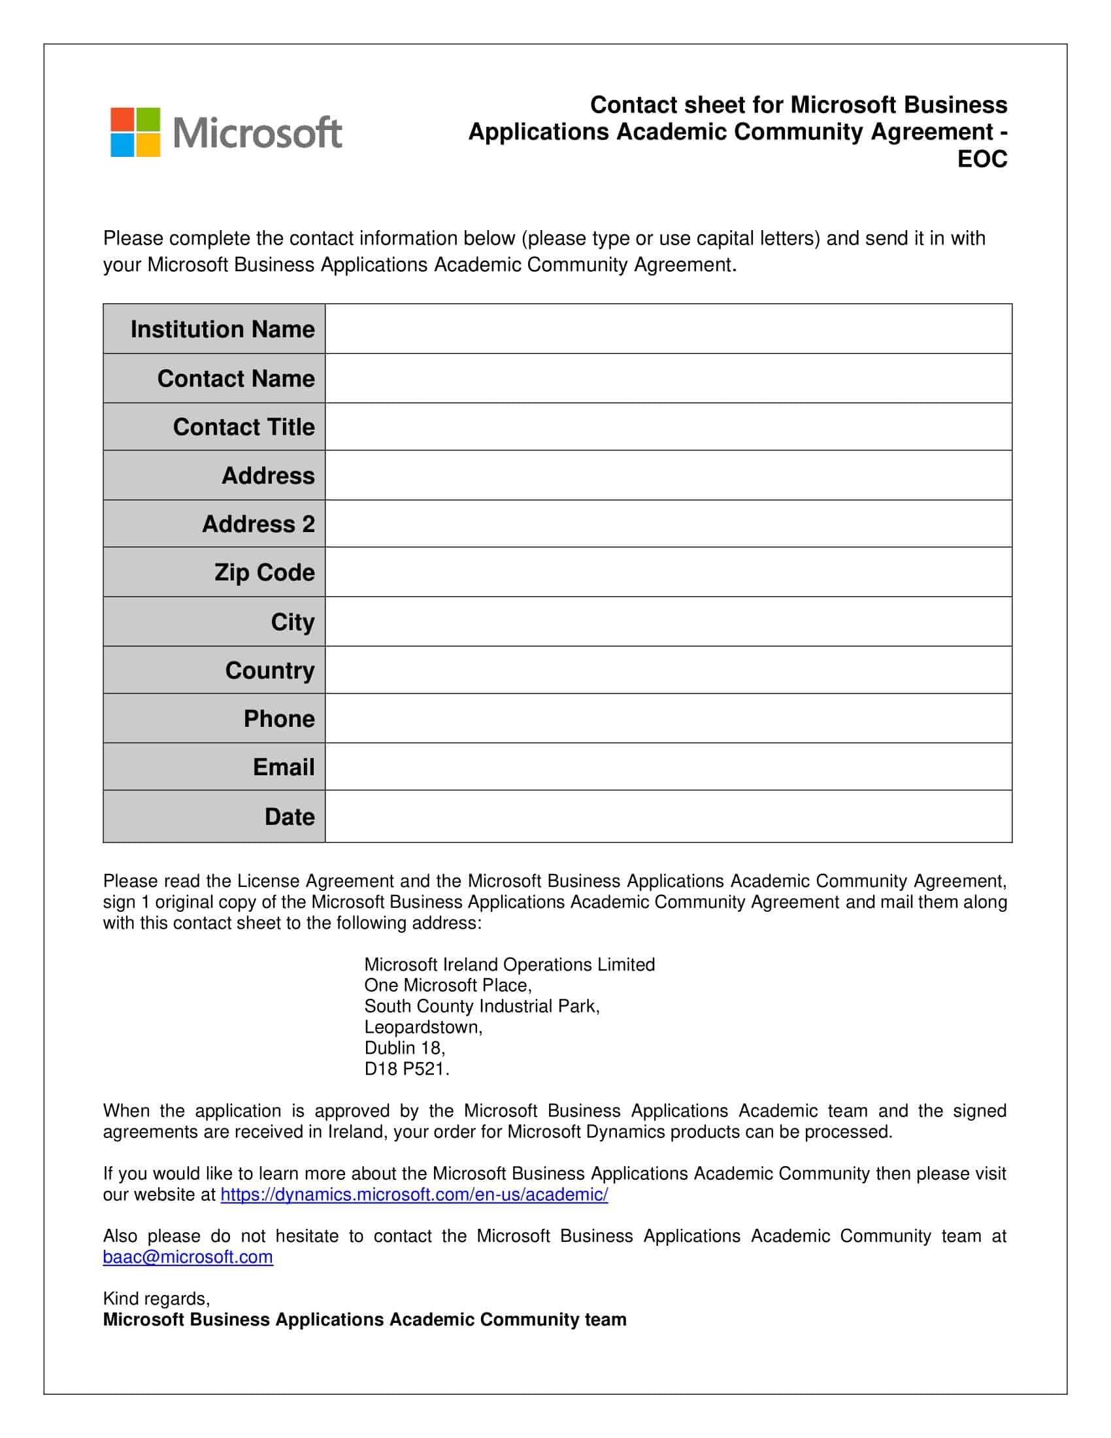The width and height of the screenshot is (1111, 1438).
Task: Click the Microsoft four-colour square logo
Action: [x=135, y=132]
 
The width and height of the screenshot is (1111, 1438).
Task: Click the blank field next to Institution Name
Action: [x=668, y=329]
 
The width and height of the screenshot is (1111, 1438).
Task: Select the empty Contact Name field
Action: [x=668, y=378]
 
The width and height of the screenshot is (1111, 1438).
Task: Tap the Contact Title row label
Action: [x=244, y=427]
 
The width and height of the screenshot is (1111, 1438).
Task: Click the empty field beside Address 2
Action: [x=668, y=524]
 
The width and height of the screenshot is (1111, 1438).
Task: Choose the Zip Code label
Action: [x=264, y=572]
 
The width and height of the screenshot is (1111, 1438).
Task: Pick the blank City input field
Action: [x=668, y=622]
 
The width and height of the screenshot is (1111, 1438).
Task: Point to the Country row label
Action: [x=270, y=670]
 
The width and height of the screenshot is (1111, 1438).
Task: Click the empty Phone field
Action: [x=668, y=718]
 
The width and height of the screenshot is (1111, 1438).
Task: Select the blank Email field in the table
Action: [x=668, y=767]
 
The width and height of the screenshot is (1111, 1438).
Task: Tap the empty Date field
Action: [x=668, y=816]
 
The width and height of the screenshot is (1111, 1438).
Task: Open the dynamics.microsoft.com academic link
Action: [x=414, y=1194]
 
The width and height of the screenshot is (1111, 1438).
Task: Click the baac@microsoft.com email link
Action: [x=188, y=1257]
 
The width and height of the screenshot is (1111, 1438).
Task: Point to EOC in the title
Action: [x=982, y=159]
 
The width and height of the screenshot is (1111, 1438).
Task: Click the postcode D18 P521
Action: [x=406, y=1069]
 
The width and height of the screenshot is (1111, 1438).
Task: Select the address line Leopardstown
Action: [x=423, y=1027]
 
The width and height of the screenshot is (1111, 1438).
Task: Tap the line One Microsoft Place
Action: [x=448, y=985]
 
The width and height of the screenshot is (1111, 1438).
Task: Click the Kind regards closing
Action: [x=156, y=1298]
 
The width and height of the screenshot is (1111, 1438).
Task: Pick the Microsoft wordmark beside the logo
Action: [x=257, y=132]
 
